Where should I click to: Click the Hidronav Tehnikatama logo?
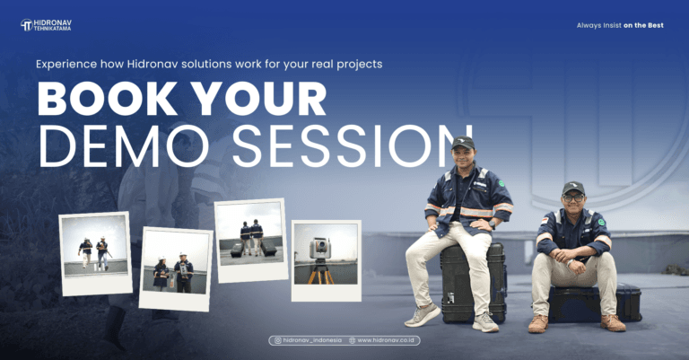(x=46, y=25)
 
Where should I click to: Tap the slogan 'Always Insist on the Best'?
(x=620, y=25)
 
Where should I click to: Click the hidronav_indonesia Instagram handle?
(x=309, y=340)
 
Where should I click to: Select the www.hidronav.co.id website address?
(x=383, y=340)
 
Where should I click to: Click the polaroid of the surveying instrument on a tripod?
(x=325, y=260)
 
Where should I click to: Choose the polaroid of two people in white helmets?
(x=176, y=268)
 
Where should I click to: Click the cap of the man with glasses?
(x=573, y=188)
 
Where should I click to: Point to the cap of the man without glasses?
(x=463, y=142)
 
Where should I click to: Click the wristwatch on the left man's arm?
(x=493, y=221)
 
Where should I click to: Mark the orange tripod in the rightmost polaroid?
(x=320, y=273)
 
